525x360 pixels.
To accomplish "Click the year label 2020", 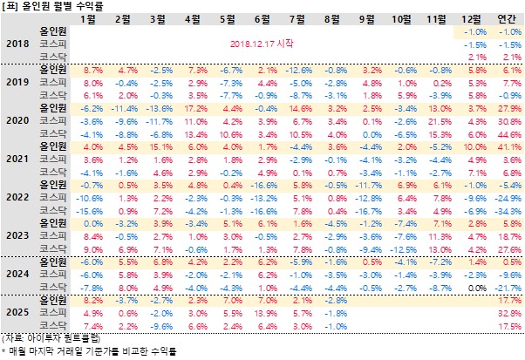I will (17, 123).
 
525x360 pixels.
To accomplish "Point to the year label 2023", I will (17, 235).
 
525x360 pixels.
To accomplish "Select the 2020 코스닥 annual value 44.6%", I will (507, 135).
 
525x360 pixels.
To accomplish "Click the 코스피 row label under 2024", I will (55, 274).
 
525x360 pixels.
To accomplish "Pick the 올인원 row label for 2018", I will (55, 31).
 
